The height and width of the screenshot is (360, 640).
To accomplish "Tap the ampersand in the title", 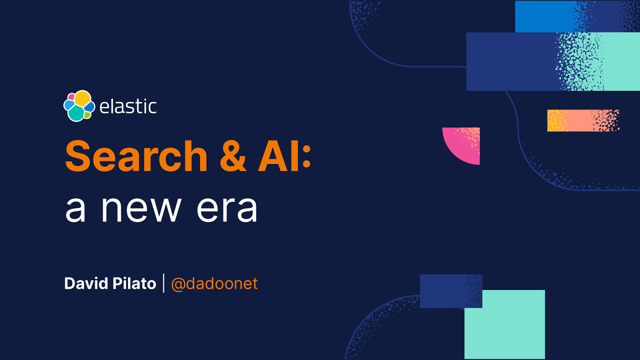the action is point(233,156).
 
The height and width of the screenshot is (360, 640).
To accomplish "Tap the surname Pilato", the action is point(134,284).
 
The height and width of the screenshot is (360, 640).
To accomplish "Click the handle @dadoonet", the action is point(214,284).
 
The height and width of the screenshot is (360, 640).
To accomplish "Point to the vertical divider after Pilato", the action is point(164,283).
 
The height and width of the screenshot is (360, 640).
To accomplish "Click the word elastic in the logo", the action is point(128,106).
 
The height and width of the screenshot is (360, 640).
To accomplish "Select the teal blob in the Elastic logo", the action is point(76,114).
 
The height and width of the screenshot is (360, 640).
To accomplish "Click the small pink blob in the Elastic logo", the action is point(71,97).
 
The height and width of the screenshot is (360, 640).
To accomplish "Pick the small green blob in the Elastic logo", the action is point(88,115).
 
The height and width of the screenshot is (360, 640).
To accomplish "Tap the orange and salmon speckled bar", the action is point(583,120).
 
